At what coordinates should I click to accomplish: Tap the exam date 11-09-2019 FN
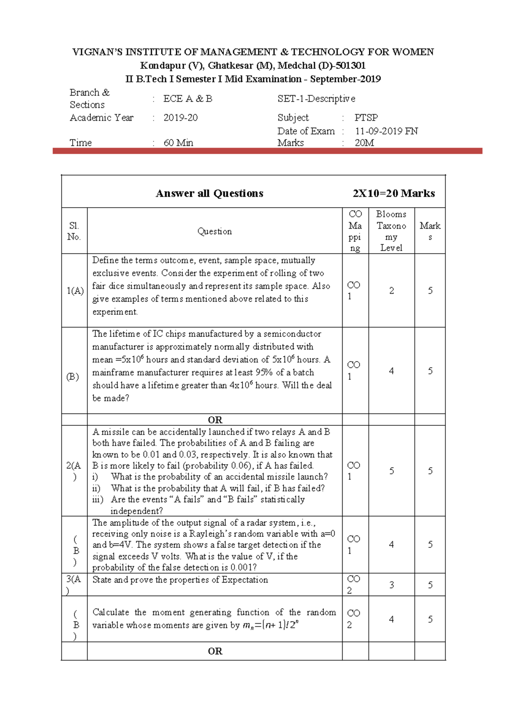pyautogui.click(x=386, y=131)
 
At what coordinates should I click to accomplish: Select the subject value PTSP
pyautogui.click(x=366, y=118)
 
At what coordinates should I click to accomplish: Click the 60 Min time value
pyautogui.click(x=178, y=143)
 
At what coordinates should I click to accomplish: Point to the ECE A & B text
pyautogui.click(x=188, y=99)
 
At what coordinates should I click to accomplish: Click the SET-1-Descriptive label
pyautogui.click(x=316, y=99)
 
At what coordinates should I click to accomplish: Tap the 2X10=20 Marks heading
pyautogui.click(x=393, y=193)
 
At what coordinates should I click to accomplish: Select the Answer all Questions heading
pyautogui.click(x=210, y=193)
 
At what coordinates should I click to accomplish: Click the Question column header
pyautogui.click(x=215, y=231)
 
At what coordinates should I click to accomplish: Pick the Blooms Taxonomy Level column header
pyautogui.click(x=391, y=231)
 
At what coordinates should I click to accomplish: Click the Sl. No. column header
pyautogui.click(x=74, y=231)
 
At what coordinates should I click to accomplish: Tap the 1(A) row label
pyautogui.click(x=75, y=290)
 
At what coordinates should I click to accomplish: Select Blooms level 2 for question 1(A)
pyautogui.click(x=391, y=290)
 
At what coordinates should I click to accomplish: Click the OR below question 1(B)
pyautogui.click(x=215, y=420)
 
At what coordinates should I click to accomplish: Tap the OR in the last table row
pyautogui.click(x=215, y=651)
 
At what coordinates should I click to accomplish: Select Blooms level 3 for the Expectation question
pyautogui.click(x=391, y=585)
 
